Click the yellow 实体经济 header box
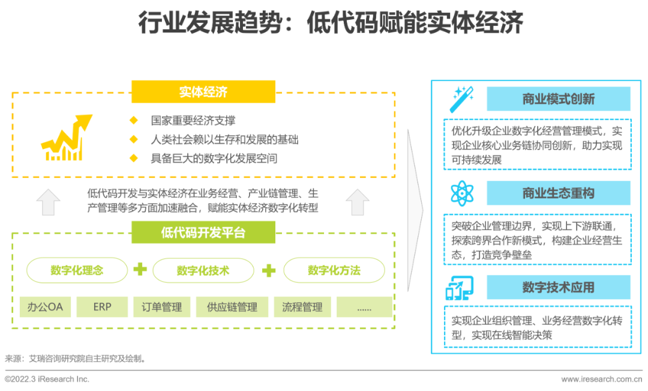pos(203,92)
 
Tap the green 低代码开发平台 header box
pos(203,232)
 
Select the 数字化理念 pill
pos(77,270)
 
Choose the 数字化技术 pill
pos(203,270)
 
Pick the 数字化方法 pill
pos(334,270)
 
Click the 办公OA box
pos(45,307)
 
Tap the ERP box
pos(102,307)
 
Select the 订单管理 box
pos(162,307)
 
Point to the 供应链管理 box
pos(232,307)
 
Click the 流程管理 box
pos(302,307)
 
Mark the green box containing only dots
pos(364,307)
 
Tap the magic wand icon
pos(461,99)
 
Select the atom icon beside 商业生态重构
pos(461,193)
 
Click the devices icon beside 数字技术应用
pos(460,288)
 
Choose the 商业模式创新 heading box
pos(558,99)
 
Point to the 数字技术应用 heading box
pos(558,287)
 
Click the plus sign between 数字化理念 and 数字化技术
pos(140,270)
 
